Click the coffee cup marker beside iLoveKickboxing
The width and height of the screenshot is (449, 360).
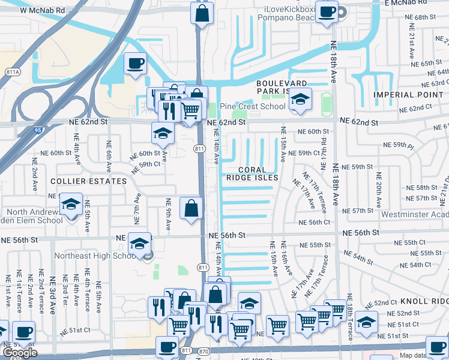[x=327, y=13]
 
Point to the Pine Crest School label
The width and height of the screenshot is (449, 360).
[x=252, y=106]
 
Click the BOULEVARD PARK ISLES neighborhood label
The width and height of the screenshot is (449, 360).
[x=282, y=87]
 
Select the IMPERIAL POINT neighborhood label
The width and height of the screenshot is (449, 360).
[x=402, y=95]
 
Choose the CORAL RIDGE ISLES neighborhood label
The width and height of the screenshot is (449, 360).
[x=252, y=173]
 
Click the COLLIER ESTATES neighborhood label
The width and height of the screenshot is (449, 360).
[x=80, y=181]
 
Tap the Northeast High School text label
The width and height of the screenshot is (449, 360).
[x=96, y=256]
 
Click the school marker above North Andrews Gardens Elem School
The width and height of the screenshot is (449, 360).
[x=71, y=205]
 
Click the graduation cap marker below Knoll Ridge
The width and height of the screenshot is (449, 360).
[x=366, y=323]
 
